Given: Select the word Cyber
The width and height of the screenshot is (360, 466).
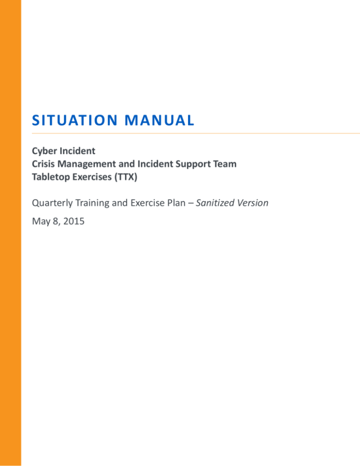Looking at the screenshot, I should click(43, 152).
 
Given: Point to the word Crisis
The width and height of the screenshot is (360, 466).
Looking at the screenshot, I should click(43, 164).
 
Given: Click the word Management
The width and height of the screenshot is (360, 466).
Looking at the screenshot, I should click(84, 164).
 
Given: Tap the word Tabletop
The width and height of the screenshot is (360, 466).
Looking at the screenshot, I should click(51, 175).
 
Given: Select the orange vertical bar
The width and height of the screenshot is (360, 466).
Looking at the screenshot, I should click(10, 233).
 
